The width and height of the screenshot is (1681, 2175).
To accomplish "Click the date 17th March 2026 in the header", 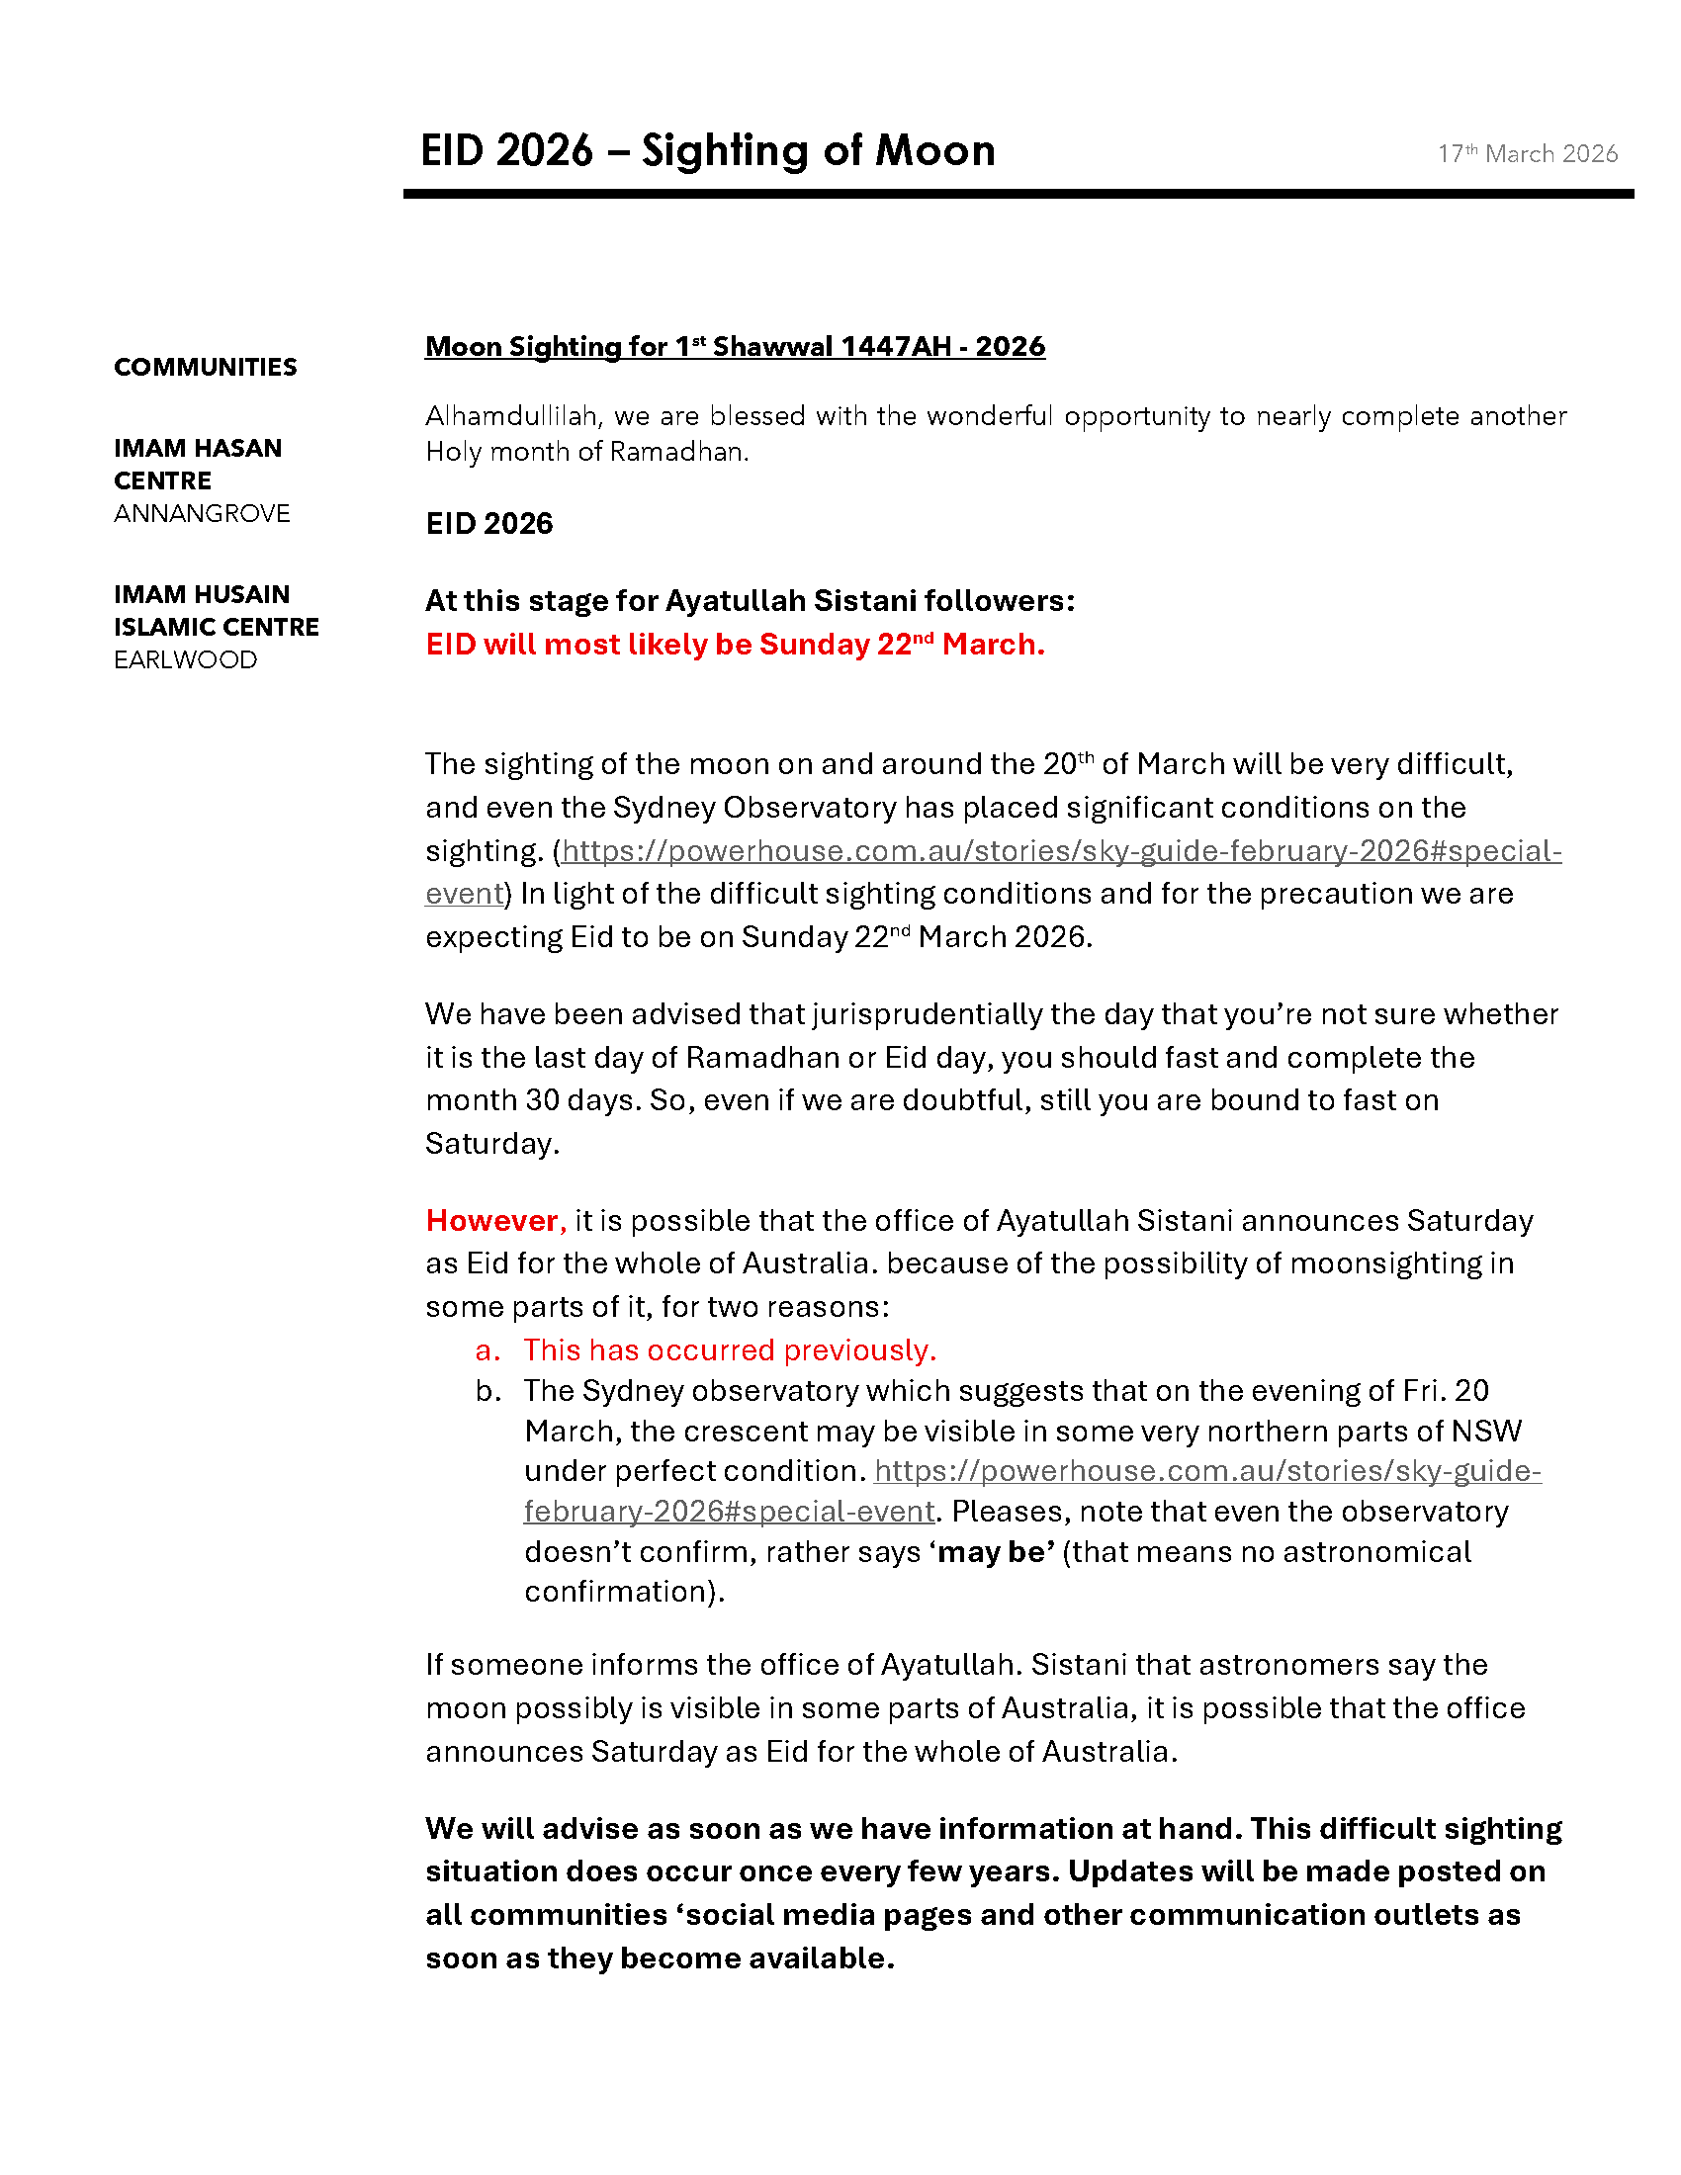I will coord(1527,153).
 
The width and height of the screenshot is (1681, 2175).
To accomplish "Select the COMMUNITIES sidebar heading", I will coord(205,367).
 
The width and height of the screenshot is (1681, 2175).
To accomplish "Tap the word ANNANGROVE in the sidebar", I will coord(202,513).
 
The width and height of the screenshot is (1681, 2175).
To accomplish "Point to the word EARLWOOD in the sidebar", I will coord(185,659).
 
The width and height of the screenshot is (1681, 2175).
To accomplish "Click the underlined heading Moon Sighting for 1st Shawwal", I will coord(734,347).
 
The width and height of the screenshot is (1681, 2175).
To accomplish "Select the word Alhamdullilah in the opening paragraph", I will coord(512,415).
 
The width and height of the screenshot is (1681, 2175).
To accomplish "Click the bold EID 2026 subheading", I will coord(488,523).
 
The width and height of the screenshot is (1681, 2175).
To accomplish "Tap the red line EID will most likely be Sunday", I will coord(734,645).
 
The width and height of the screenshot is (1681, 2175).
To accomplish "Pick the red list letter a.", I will coord(486,1349).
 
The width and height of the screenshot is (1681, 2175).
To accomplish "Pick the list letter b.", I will coord(486,1390).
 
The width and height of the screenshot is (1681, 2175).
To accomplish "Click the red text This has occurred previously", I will coord(729,1349).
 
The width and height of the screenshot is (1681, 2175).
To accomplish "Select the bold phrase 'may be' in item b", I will coord(993,1551).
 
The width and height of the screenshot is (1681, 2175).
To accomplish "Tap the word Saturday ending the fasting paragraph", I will coord(491,1143).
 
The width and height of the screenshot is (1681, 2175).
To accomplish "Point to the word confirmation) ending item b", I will coord(623,1592).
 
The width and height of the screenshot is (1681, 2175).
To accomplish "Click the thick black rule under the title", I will coord(1017,194).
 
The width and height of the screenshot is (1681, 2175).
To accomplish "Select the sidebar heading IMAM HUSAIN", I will coord(201,594).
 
